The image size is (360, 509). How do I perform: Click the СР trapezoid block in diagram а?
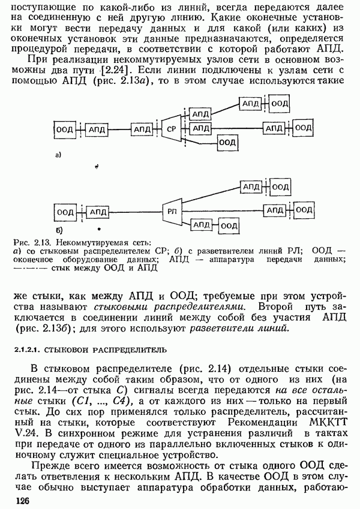171,129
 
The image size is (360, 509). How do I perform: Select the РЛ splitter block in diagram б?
171,211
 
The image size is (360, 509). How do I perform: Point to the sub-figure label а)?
58,155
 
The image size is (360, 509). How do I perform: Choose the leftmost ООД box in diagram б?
64,211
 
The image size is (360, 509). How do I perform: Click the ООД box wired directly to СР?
226,142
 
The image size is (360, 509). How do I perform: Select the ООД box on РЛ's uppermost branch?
277,188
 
